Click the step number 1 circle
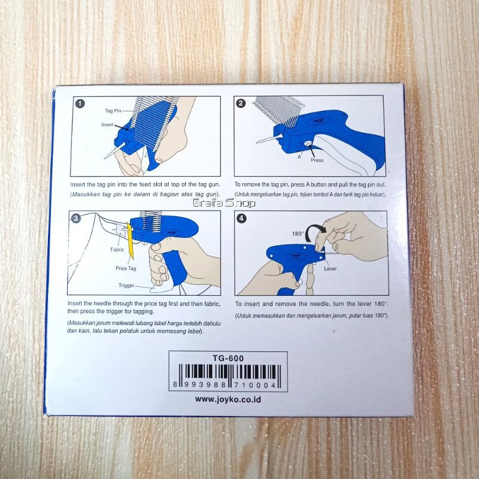(80, 104)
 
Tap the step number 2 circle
(241, 103)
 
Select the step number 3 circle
(76, 218)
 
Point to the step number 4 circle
(241, 219)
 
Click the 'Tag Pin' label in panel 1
(113, 111)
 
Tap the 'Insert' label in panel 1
(107, 125)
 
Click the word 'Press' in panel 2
(317, 160)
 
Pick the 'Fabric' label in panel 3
(117, 250)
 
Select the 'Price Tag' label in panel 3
(126, 268)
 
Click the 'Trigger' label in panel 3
(126, 286)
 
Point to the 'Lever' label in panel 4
(331, 269)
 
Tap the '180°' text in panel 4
(298, 234)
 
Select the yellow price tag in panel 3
(131, 241)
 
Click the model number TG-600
(228, 358)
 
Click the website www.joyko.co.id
(228, 399)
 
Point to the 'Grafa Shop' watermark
(224, 203)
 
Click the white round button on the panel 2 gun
(310, 143)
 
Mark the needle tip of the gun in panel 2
(257, 142)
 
